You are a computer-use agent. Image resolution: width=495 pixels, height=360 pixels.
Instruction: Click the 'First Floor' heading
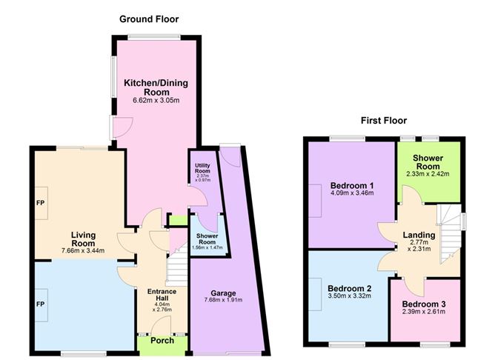click(x=383, y=120)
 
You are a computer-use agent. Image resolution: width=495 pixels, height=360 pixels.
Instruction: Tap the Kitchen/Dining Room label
click(x=153, y=87)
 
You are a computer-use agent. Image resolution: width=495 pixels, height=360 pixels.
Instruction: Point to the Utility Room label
click(x=202, y=169)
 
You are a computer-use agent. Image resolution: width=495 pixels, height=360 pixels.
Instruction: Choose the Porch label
click(x=162, y=339)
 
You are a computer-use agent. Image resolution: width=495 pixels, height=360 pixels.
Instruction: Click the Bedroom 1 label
click(x=351, y=185)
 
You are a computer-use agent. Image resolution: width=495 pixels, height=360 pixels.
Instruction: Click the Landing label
click(x=419, y=236)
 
